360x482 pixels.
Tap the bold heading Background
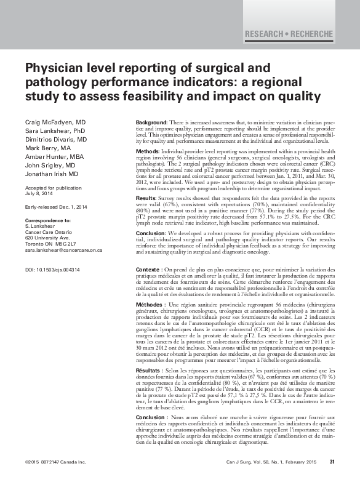[x=151, y=123]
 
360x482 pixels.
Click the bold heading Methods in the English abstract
[x=147, y=151]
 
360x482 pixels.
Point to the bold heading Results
[x=146, y=199]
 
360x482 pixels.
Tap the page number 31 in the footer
[x=332, y=462]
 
